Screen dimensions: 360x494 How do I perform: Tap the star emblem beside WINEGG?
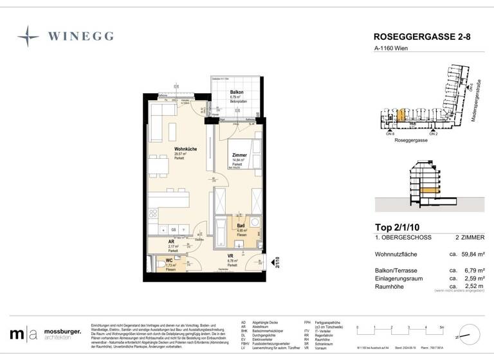[28, 36]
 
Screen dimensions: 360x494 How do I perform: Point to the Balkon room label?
[236, 93]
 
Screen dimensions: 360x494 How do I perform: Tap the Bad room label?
[241, 226]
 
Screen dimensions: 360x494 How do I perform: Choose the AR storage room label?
[170, 242]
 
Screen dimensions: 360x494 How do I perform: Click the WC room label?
[170, 261]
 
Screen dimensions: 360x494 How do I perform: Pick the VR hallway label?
[230, 256]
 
